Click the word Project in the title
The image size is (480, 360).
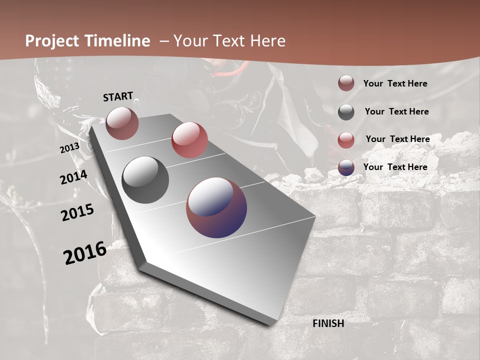tap(51, 41)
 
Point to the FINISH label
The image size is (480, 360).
tap(328, 323)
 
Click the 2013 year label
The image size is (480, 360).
tap(69, 148)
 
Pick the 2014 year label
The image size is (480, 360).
tap(73, 177)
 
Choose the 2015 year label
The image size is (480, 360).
tap(77, 212)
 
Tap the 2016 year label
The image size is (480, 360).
tap(84, 252)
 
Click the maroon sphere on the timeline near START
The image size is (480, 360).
tap(122, 123)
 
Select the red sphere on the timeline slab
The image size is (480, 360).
tap(189, 139)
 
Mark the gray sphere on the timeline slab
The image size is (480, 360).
tap(145, 180)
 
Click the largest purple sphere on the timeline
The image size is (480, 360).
tap(216, 207)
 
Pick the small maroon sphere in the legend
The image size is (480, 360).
tap(346, 83)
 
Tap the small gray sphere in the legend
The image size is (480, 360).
tap(346, 112)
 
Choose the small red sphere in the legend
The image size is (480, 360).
tap(346, 140)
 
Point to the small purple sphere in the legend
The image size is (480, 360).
tap(346, 167)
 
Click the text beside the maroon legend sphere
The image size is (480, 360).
tap(395, 83)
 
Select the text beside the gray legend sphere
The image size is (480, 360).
tap(396, 111)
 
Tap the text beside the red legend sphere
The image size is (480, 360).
tap(397, 139)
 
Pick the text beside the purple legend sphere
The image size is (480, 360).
tap(395, 167)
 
